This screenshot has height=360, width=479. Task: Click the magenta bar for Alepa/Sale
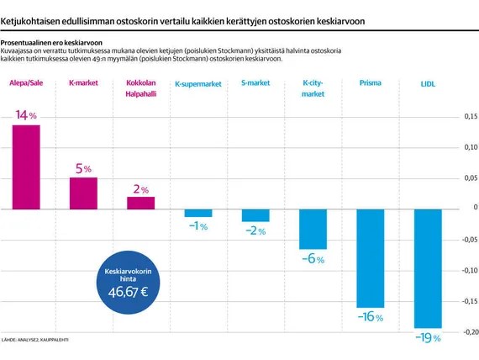click(26, 167)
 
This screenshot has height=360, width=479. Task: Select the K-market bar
click(83, 193)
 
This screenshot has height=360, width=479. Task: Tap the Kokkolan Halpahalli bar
click(141, 203)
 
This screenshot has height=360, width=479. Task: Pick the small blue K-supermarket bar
click(198, 213)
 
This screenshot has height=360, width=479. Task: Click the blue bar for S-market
click(255, 215)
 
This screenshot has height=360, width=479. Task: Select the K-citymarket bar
click(313, 229)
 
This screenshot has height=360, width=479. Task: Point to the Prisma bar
click(371, 258)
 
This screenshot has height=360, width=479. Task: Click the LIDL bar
click(428, 268)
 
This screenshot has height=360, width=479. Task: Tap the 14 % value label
click(26, 115)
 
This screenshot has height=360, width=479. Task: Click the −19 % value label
click(428, 337)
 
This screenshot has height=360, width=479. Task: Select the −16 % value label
click(371, 316)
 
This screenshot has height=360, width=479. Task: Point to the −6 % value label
click(313, 259)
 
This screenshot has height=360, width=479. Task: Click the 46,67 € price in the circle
click(128, 292)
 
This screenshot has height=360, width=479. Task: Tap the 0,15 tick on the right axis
click(471, 116)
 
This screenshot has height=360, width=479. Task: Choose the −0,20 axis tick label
click(470, 332)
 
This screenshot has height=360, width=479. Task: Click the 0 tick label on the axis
click(476, 207)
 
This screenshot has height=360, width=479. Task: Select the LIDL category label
click(428, 84)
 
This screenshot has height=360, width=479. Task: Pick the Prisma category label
click(371, 83)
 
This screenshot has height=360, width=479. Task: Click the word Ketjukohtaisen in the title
click(30, 21)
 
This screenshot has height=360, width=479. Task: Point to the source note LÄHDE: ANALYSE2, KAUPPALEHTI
click(34, 340)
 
